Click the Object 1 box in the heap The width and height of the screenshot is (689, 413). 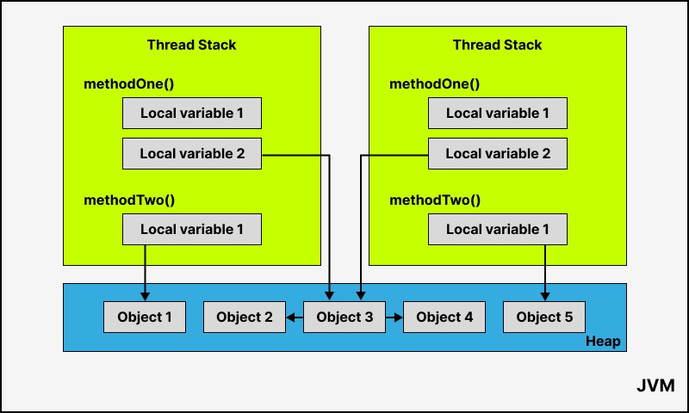click(145, 317)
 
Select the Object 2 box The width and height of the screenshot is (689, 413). click(245, 317)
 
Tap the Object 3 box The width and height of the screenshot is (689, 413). click(344, 317)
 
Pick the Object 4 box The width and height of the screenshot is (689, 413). click(444, 317)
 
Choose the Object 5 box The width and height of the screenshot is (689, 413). click(544, 317)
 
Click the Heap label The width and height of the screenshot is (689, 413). click(603, 341)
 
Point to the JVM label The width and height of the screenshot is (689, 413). click(655, 385)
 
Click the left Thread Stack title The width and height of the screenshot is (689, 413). click(191, 45)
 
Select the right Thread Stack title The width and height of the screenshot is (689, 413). click(498, 45)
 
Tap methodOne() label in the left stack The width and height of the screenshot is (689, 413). click(128, 83)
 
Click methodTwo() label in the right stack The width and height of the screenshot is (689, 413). click(435, 200)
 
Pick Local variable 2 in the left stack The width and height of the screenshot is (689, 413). click(192, 154)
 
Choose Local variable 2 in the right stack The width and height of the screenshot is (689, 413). click(498, 154)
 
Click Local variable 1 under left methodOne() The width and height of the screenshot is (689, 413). click(192, 114)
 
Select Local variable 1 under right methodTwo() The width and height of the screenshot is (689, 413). click(498, 229)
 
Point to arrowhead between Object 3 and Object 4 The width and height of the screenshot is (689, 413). click(398, 317)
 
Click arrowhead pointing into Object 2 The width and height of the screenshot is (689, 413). click(290, 317)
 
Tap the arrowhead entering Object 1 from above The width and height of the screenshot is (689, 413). click(145, 297)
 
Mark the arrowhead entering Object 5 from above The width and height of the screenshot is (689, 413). click(545, 297)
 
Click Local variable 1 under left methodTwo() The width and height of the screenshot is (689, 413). click(192, 229)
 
